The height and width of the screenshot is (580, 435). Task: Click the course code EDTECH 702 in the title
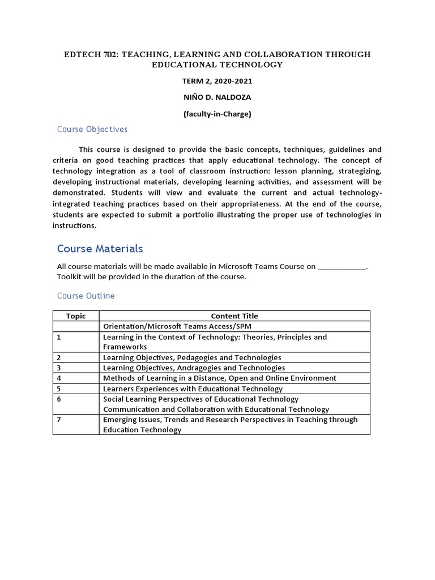89,54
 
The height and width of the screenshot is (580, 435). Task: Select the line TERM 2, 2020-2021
217,81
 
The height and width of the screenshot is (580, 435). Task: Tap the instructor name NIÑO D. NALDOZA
217,97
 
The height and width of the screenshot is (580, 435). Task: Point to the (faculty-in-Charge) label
217,114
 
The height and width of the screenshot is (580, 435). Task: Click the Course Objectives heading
92,130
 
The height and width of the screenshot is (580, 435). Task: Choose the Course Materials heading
100,249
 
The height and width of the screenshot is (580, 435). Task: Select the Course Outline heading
86,296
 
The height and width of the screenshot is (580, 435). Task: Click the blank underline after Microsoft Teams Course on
342,266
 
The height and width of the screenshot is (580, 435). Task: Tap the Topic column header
76,316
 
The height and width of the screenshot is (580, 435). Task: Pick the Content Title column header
234,316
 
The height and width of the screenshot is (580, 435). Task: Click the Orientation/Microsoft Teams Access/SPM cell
177,327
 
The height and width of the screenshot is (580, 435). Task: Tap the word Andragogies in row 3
208,368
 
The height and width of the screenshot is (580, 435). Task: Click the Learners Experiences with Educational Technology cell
193,389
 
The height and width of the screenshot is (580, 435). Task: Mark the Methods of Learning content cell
219,378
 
